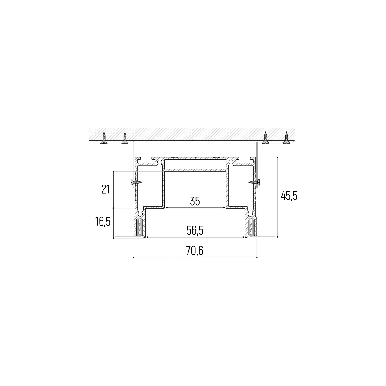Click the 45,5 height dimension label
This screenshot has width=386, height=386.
[x=289, y=196]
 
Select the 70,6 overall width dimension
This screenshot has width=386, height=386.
[x=195, y=251]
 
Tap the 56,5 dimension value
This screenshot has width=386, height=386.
[x=195, y=231]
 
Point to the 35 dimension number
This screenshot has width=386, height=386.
[x=195, y=201]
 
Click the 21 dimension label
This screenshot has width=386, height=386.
[x=106, y=189]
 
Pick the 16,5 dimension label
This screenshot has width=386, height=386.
[x=103, y=222]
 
